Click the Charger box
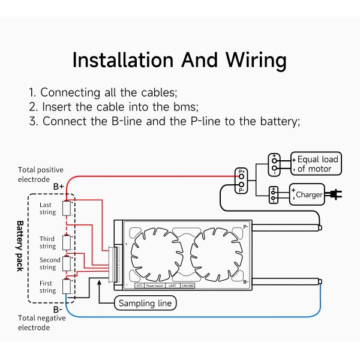point(308,194)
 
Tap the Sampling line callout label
point(145,303)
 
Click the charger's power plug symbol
point(335,194)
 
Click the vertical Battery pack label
point(19,247)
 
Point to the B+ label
point(59,187)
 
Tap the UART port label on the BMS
point(172,286)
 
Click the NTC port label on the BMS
point(139,286)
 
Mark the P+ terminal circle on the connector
point(242,176)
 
